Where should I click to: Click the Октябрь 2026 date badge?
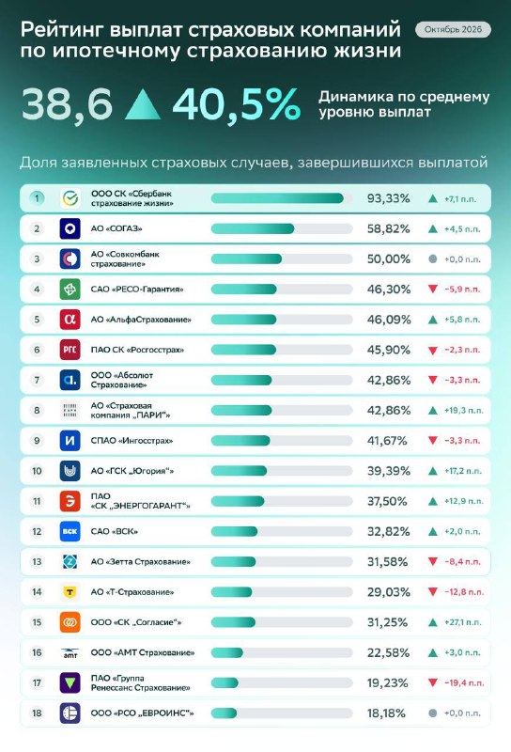[453, 30]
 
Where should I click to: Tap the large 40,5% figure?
[237, 103]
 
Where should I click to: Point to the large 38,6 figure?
[67, 104]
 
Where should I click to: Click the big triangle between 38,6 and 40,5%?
[143, 105]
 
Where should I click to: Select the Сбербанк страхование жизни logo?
[70, 198]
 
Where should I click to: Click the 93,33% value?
[388, 198]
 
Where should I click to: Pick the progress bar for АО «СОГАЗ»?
[282, 228]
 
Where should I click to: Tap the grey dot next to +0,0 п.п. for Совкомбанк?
[432, 259]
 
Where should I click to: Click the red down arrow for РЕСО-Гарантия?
[433, 290]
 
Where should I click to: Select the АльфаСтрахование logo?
[70, 320]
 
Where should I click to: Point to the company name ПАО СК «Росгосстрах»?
[137, 350]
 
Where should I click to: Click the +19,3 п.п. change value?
[463, 411]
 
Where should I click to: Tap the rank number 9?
[37, 441]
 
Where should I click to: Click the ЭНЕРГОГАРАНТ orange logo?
[70, 501]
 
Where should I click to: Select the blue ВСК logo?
[70, 531]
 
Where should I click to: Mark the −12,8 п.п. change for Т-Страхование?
[464, 592]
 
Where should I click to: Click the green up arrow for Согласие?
[433, 622]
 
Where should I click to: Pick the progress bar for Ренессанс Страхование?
[282, 683]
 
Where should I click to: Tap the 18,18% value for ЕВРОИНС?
[386, 713]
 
